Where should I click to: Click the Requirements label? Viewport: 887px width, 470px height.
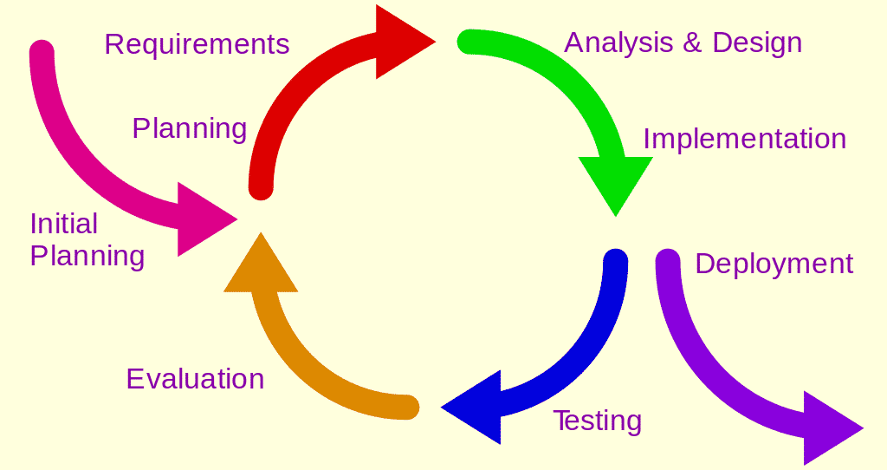click(x=197, y=44)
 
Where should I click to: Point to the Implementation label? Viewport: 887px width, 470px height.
click(x=744, y=139)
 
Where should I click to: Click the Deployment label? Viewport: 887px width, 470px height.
click(x=774, y=264)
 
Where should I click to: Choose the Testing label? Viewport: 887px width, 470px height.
click(x=597, y=421)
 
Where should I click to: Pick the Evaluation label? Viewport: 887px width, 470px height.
click(x=195, y=379)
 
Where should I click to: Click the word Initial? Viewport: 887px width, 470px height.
click(x=63, y=224)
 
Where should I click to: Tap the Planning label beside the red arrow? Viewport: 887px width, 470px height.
click(x=189, y=128)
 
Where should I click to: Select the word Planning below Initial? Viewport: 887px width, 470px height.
click(x=87, y=257)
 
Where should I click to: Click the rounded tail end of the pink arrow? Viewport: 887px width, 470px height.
click(x=42, y=53)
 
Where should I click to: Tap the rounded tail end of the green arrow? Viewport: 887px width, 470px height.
click(x=469, y=42)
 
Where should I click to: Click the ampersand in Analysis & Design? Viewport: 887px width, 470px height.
click(x=692, y=42)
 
